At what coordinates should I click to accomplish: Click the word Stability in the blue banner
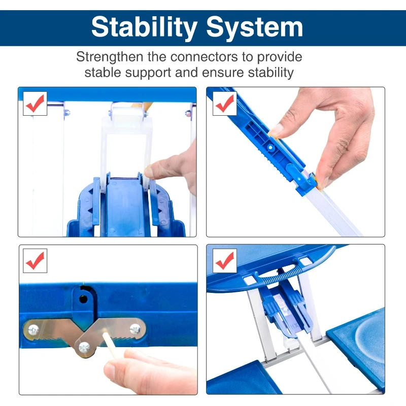coord(144,28)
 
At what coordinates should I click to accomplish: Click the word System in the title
coord(255,28)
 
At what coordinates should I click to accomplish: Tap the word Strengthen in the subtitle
coord(110,57)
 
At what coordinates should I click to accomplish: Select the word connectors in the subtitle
coord(204,57)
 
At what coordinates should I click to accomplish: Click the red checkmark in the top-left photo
coord(35,104)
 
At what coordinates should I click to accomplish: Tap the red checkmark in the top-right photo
coord(224,104)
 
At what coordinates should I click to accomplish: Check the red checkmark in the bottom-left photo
coord(35,261)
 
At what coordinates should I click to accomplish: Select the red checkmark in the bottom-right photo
coord(224,261)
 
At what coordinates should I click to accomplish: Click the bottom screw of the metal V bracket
coord(84,348)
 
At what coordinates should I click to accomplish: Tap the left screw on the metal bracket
coord(33,330)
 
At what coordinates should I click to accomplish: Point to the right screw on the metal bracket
coord(135,329)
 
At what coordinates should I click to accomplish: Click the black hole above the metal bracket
coord(83,299)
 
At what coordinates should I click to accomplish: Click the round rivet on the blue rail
coord(270,147)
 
